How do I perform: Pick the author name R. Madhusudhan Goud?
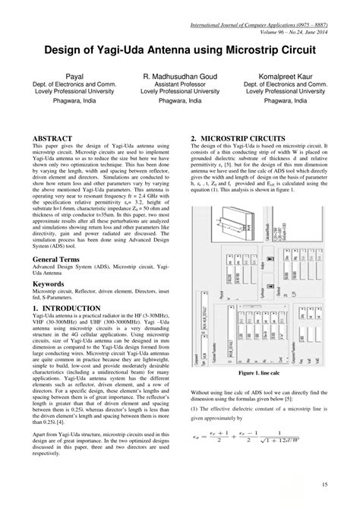tap(180, 77)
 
